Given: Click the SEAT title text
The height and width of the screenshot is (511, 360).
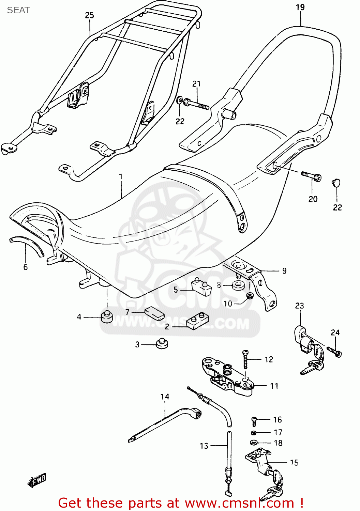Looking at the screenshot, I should [x=18, y=10].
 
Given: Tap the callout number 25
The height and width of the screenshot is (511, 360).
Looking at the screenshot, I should [x=89, y=15].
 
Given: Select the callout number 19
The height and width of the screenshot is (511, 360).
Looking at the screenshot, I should [x=300, y=7].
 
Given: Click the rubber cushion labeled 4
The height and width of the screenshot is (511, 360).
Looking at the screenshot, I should [x=107, y=317].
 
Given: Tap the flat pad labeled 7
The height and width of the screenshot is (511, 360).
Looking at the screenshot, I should [x=154, y=313].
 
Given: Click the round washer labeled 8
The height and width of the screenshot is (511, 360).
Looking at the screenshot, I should [x=238, y=285].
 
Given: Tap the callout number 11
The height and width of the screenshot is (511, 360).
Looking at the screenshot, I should [x=274, y=386].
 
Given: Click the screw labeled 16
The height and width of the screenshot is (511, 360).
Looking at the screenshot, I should [x=254, y=421].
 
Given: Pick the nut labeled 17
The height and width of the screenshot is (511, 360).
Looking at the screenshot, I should [x=254, y=433].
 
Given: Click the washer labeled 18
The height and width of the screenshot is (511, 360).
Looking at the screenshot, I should [x=253, y=443].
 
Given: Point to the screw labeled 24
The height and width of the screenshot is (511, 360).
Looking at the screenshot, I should [x=334, y=352].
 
